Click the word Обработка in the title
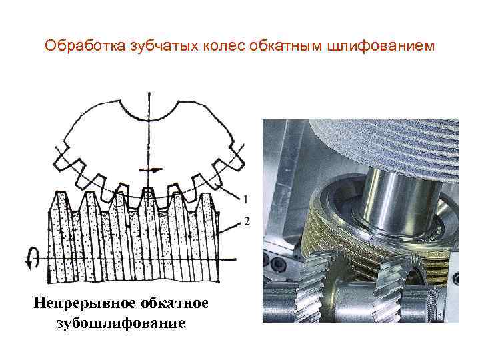[x=85, y=46]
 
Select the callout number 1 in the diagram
[x=245, y=199]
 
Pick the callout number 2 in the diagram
[x=247, y=221]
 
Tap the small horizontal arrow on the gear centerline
[x=150, y=170]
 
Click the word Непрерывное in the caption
[x=85, y=303]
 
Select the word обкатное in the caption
[x=175, y=303]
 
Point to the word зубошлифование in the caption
[x=121, y=323]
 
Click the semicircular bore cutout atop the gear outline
[x=149, y=109]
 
